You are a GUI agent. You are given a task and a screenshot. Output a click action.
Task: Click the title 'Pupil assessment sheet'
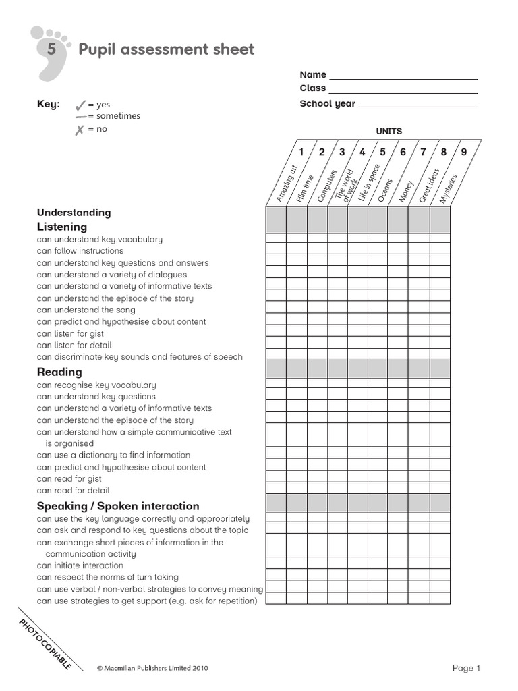167,49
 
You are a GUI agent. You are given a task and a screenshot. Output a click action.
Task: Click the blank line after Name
403,76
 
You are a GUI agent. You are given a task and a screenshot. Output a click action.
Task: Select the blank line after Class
403,90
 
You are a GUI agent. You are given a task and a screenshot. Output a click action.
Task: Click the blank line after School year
418,105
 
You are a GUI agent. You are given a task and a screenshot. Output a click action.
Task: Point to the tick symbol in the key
80,105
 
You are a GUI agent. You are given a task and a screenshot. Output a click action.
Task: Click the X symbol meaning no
80,130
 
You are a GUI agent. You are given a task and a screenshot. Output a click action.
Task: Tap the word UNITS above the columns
388,131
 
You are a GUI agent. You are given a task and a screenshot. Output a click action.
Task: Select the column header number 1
301,152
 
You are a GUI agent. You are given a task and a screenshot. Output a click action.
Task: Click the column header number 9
464,152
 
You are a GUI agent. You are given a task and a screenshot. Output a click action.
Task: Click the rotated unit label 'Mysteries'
448,188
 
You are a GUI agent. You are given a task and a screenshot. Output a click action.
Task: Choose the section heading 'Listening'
62,227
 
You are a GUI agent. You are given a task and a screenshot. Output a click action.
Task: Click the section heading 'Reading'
59,372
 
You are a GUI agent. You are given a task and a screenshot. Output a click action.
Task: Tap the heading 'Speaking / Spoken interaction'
118,506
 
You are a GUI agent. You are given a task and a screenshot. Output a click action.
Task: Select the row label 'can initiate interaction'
80,565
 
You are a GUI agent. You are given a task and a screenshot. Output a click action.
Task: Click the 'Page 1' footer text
466,668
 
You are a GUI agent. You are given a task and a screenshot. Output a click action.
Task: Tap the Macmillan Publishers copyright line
152,668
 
